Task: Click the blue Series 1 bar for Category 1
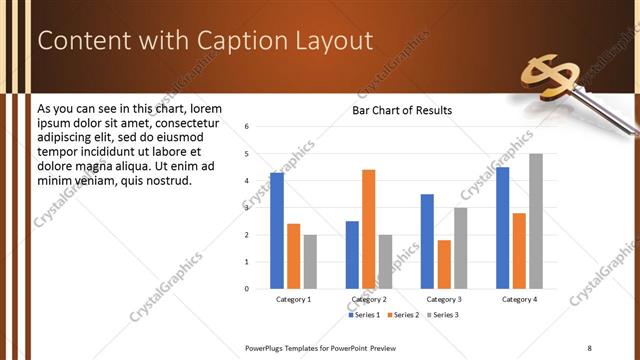tap(277, 231)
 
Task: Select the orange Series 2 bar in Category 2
tap(368, 229)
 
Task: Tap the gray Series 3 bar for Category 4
tap(536, 221)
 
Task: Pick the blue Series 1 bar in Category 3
tap(427, 241)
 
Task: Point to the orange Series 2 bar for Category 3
tap(443, 264)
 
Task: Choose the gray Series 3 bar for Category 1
tap(310, 261)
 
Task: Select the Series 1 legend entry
tap(363, 315)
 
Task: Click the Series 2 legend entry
tap(403, 315)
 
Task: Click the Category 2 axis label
tap(368, 300)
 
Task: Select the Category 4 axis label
tap(519, 300)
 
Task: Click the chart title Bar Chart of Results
tap(402, 110)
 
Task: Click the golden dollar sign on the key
tap(548, 78)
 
